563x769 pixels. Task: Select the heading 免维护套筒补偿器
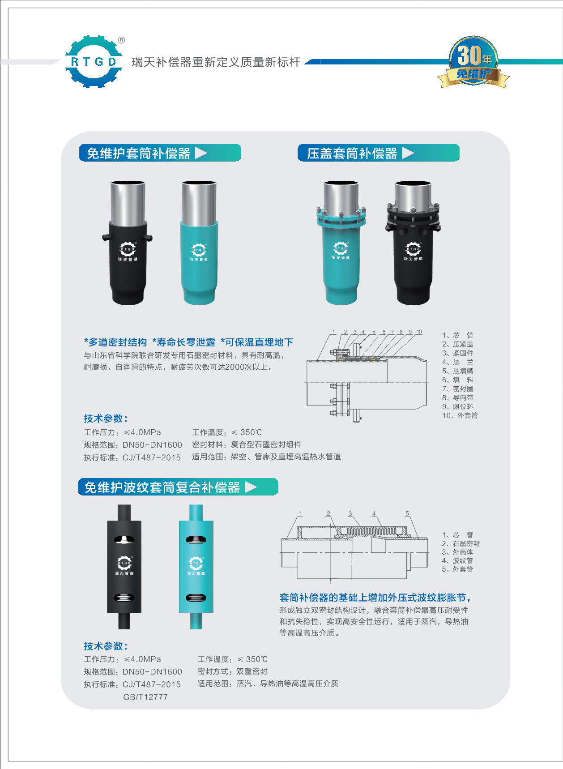[139, 153]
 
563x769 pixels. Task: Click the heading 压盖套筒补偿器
[352, 153]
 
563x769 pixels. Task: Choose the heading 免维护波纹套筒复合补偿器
[162, 487]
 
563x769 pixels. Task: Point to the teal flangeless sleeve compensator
[200, 242]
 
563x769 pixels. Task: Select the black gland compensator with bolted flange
[413, 242]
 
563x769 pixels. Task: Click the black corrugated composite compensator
[124, 566]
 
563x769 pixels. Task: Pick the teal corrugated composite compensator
[196, 566]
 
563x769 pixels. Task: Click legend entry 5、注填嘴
[458, 371]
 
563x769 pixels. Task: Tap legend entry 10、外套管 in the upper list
[460, 415]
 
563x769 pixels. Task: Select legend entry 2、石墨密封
[461, 543]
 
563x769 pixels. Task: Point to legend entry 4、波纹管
[457, 560]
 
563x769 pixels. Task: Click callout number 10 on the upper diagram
[419, 332]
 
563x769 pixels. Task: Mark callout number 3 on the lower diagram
[350, 514]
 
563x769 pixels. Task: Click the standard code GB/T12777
[145, 697]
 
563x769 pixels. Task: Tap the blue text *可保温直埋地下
[257, 342]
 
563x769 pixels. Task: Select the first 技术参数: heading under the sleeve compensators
[106, 419]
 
